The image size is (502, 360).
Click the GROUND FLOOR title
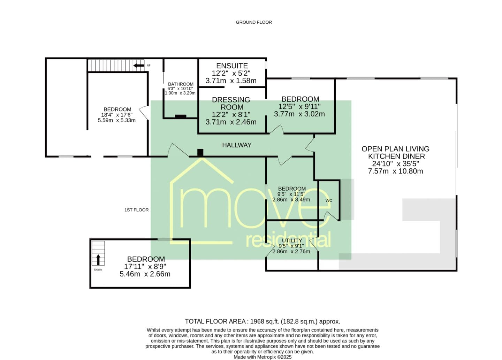(x=254, y=22)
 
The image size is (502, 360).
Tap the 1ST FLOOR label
(x=137, y=210)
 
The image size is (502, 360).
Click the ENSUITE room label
(x=232, y=66)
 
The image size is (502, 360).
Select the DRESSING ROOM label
(x=231, y=103)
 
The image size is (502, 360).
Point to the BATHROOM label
(x=181, y=84)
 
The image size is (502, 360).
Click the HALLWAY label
(x=237, y=145)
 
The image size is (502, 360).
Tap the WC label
(x=329, y=200)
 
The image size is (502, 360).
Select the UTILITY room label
(x=292, y=240)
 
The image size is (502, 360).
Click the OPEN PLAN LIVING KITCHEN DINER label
(x=396, y=153)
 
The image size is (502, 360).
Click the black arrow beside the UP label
(x=139, y=66)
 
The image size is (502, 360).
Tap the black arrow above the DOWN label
(x=98, y=260)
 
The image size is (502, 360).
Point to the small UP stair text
(x=149, y=66)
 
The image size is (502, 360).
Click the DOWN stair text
(x=98, y=270)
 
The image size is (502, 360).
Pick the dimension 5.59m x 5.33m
(x=116, y=120)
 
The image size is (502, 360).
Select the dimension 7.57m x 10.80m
(x=396, y=171)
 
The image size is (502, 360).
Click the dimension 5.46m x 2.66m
(x=145, y=274)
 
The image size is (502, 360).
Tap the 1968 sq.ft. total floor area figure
(x=265, y=321)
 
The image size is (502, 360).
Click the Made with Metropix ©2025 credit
(x=263, y=357)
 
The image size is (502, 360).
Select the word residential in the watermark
(x=288, y=240)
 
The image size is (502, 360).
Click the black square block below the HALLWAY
(x=200, y=152)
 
